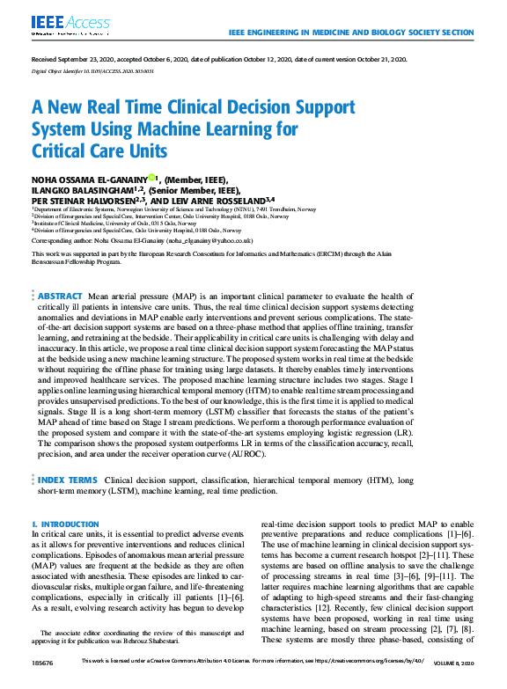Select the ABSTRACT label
pyautogui.click(x=61, y=296)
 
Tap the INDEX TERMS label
pyautogui.click(x=68, y=480)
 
